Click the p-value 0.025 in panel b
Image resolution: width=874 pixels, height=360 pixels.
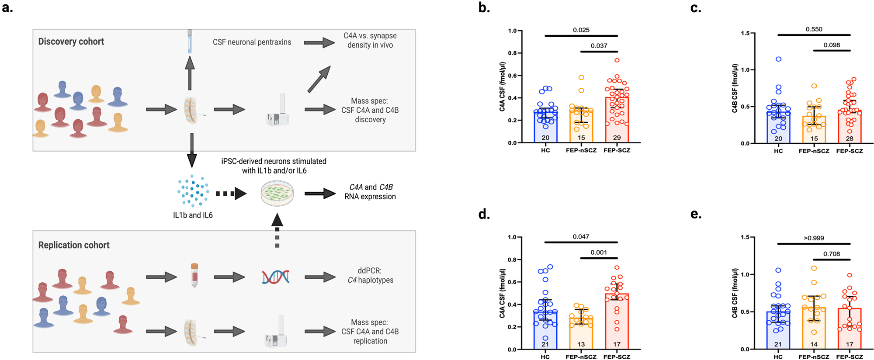(x=581, y=30)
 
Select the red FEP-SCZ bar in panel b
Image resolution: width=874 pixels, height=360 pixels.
(x=617, y=120)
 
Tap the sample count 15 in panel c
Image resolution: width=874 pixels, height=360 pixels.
(x=814, y=138)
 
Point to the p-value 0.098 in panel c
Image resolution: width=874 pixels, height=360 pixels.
(x=832, y=45)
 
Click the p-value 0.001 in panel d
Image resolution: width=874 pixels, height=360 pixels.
(x=598, y=252)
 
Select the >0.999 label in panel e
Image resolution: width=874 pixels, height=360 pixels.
(x=814, y=238)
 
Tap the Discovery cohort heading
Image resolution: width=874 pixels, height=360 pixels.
(x=71, y=42)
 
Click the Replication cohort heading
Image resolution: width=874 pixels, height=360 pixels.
(x=73, y=245)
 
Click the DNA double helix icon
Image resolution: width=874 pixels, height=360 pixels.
(x=275, y=277)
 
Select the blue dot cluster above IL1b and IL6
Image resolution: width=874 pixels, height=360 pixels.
(x=193, y=190)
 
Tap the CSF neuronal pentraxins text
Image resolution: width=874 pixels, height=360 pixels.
(x=252, y=42)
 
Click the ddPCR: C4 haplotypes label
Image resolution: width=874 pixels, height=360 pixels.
(x=370, y=275)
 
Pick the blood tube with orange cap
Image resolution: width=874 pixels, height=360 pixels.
(x=194, y=275)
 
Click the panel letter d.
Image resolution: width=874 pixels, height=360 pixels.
(x=484, y=214)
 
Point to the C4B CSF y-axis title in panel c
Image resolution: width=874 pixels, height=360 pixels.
(x=735, y=88)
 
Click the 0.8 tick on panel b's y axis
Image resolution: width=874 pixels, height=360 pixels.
(x=512, y=53)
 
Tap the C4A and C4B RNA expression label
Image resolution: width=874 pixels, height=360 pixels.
(x=370, y=192)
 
